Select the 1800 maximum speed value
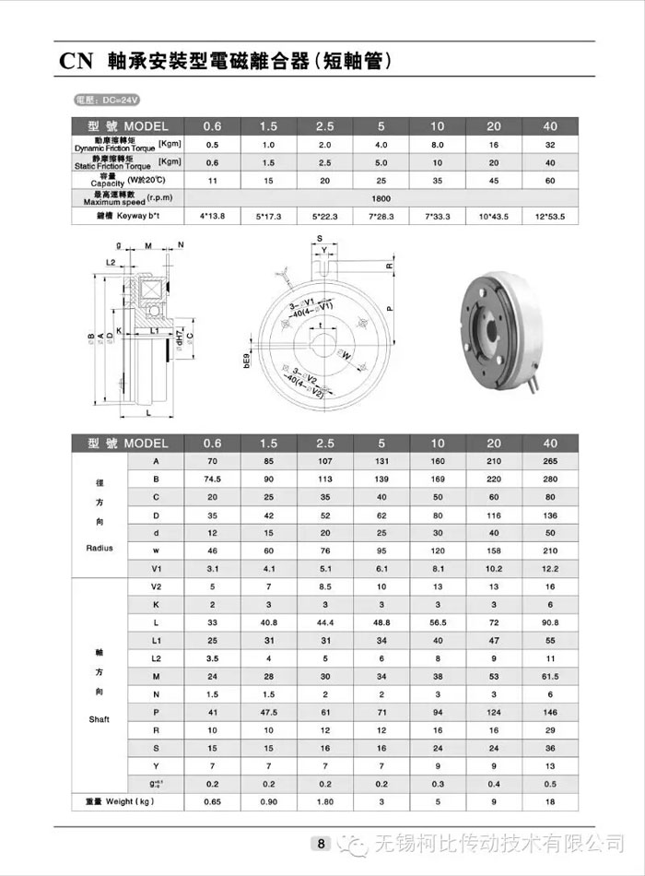tap(380, 197)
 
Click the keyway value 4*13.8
tap(212, 217)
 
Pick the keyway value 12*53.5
tap(550, 217)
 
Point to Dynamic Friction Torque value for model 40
tap(550, 144)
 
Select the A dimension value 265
tap(550, 461)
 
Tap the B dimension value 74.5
tap(212, 479)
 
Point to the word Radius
tap(99, 548)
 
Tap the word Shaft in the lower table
tap(99, 719)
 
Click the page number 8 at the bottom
tap(320, 842)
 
